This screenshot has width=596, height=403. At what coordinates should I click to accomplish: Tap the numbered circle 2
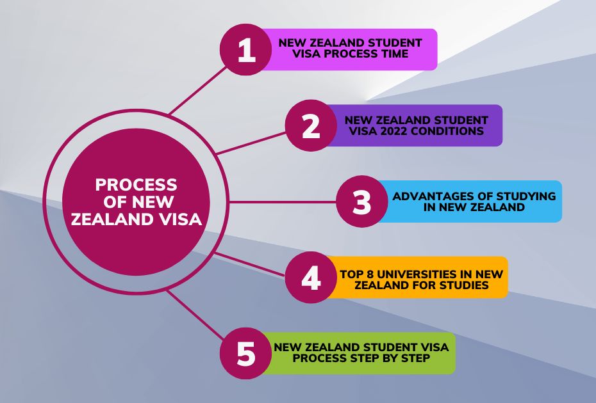[x=311, y=126]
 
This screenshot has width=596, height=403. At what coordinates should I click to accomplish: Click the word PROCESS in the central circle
[x=136, y=186]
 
